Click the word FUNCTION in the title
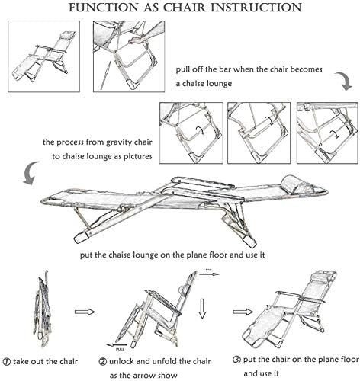(104, 8)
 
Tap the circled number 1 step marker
(7, 361)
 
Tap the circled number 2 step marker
(102, 361)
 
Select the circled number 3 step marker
(236, 360)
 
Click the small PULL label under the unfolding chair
(120, 349)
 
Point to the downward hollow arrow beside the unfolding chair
(202, 308)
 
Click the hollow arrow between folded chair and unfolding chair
(85, 312)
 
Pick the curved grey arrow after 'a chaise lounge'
(345, 81)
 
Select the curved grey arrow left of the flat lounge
(30, 173)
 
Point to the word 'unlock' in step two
(121, 361)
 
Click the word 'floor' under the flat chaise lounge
(218, 255)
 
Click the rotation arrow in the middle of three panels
(268, 120)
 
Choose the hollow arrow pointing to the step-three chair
(243, 312)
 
